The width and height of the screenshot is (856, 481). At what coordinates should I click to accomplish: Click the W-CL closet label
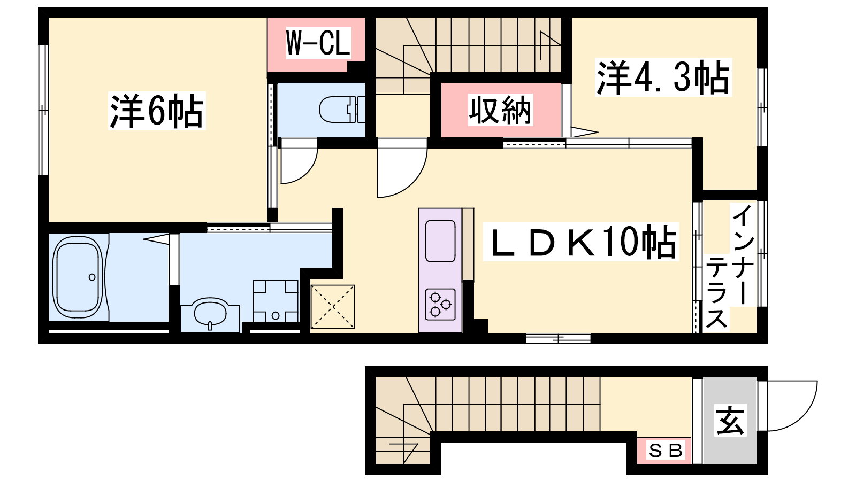[318, 42]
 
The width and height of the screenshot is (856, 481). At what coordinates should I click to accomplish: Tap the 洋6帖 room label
[157, 111]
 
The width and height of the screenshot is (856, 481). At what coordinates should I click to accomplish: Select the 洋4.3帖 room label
[663, 77]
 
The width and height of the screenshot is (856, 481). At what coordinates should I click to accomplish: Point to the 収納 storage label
[501, 110]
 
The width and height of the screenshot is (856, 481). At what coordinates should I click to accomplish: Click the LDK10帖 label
[581, 242]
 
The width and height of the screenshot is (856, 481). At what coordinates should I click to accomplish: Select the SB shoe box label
[666, 451]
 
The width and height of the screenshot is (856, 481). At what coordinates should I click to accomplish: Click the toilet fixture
[342, 110]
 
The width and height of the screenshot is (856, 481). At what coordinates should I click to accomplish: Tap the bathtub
[78, 277]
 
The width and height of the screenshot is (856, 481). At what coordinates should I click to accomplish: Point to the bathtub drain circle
[92, 277]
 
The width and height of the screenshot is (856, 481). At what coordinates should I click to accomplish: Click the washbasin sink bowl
[210, 314]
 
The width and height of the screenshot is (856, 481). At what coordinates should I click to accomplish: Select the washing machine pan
[276, 301]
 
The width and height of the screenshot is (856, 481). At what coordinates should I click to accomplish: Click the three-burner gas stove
[440, 304]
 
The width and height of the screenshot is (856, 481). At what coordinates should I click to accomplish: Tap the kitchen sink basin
[440, 241]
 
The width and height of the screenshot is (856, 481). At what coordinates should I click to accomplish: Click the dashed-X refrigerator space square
[332, 307]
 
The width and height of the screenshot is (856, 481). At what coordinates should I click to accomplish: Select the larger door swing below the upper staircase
[415, 183]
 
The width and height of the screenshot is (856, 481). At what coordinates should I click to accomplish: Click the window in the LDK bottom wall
[559, 339]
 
